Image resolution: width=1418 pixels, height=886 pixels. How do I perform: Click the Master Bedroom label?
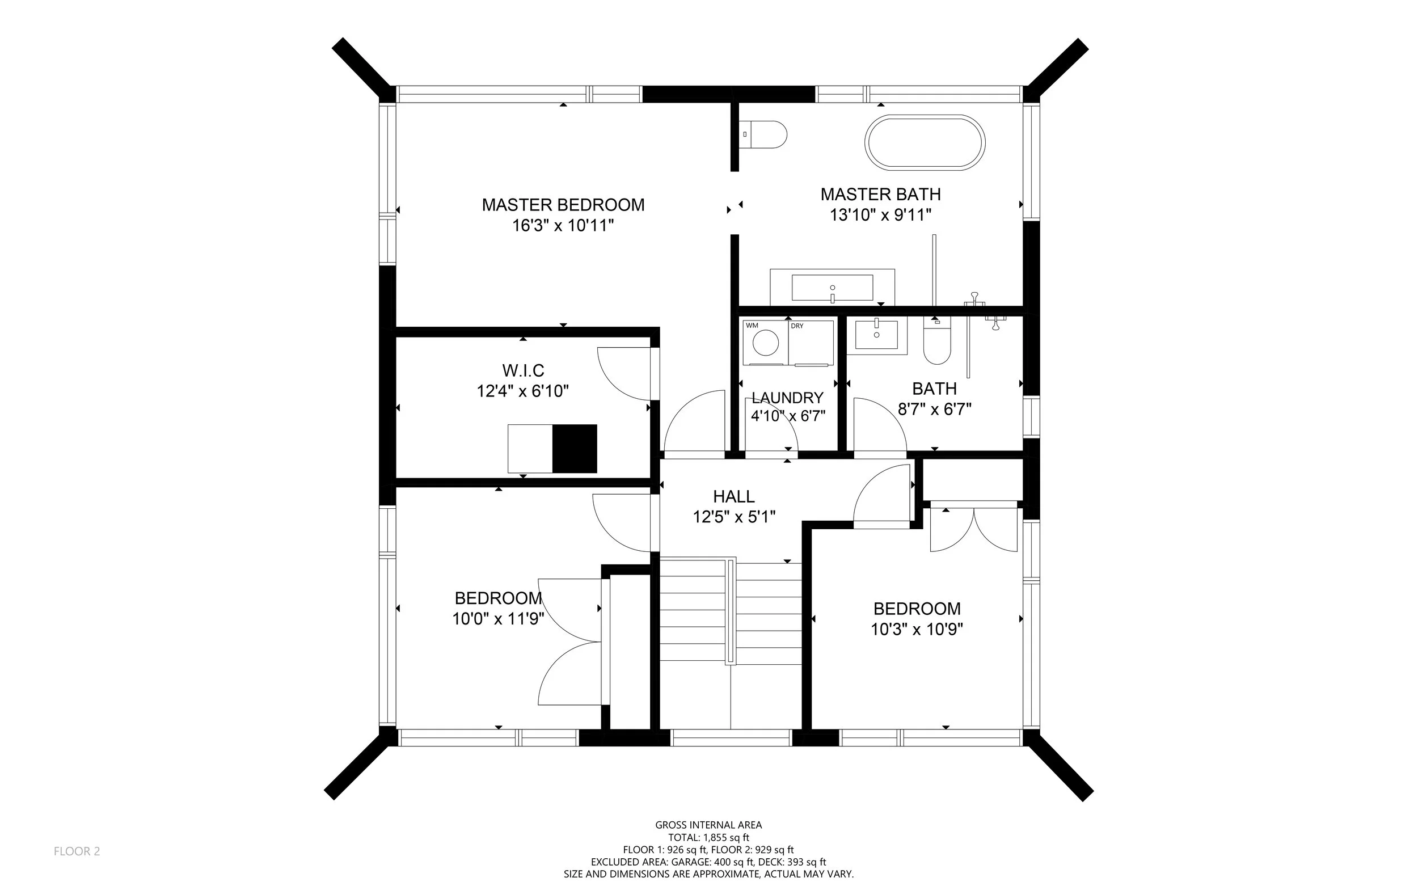[x=563, y=205]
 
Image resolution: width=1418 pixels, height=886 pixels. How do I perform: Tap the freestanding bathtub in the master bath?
[x=925, y=143]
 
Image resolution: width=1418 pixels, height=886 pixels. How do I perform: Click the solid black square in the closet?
[x=575, y=448]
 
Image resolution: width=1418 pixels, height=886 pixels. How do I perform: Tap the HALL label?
[x=733, y=496]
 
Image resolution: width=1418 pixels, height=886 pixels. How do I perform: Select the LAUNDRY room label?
[x=787, y=398]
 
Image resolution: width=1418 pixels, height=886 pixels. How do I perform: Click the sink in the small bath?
[x=876, y=335]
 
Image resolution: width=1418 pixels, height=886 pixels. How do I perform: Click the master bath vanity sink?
[x=832, y=288]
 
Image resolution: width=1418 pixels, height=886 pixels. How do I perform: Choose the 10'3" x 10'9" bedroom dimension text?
[x=917, y=630]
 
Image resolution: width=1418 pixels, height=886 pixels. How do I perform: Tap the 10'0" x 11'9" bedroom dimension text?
[x=498, y=619]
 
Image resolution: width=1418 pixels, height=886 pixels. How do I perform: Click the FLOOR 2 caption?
[x=77, y=851]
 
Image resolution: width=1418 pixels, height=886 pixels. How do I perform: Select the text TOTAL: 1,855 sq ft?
[x=708, y=838]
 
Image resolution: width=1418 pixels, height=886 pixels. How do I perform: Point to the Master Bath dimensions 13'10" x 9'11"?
[x=881, y=215]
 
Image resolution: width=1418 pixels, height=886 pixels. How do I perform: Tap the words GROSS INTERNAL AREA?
[x=708, y=825]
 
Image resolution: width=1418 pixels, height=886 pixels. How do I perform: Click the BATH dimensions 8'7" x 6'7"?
[x=935, y=409]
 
